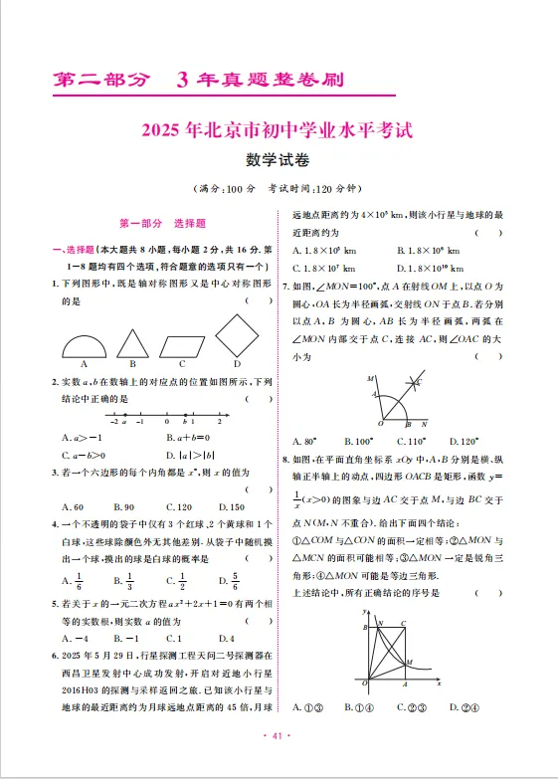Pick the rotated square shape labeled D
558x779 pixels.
tap(238, 336)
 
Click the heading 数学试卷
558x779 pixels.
tap(278, 159)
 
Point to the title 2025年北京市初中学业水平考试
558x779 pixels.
tap(278, 129)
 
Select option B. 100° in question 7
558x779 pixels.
tap(358, 440)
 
